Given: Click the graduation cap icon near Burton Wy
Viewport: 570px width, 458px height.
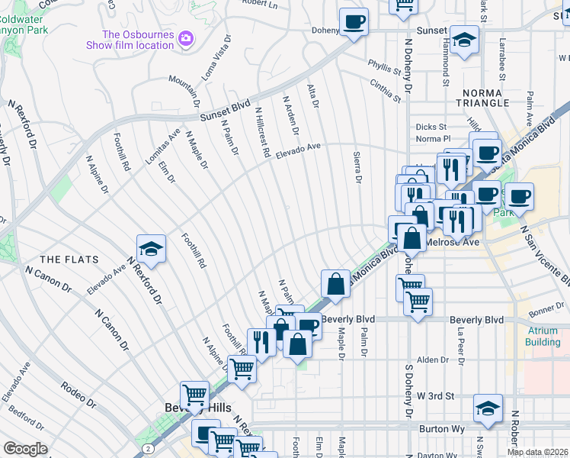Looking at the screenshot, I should [488, 408].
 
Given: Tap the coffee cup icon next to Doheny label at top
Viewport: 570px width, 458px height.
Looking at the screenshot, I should [354, 21].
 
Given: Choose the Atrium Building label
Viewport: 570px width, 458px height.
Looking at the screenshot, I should [543, 336].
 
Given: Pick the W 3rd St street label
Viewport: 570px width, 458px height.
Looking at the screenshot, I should [437, 396].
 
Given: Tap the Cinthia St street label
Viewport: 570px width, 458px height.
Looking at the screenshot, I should [385, 91].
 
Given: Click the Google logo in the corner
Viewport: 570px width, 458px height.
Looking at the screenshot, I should [25, 449].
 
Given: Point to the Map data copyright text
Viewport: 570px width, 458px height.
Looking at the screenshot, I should [537, 452].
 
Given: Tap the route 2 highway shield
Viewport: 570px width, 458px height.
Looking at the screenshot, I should [146, 450].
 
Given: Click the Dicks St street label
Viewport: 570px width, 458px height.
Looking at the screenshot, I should [430, 127].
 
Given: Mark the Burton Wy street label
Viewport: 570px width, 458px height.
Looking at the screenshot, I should [442, 429].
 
